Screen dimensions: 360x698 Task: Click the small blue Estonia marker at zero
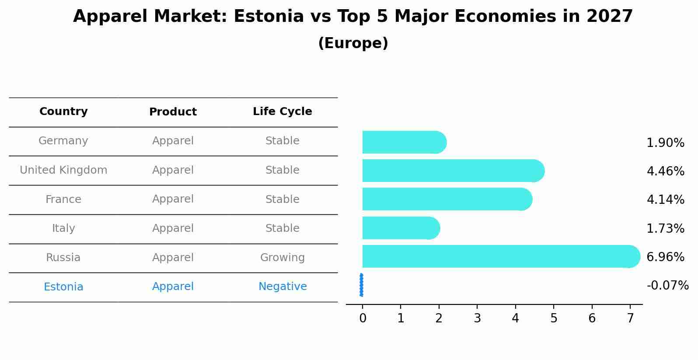tap(361, 285)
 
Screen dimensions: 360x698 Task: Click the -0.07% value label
tap(667, 286)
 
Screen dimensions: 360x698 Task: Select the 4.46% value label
tap(665, 171)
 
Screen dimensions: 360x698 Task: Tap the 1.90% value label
tap(665, 143)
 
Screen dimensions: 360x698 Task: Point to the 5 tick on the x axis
tap(554, 318)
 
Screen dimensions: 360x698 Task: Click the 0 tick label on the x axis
tap(363, 318)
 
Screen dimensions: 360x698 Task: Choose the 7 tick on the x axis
tap(630, 318)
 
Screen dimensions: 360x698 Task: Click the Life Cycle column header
tap(283, 112)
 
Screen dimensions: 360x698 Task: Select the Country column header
tap(63, 112)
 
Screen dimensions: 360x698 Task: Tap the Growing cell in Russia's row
tap(283, 258)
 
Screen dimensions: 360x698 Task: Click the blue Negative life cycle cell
tap(283, 287)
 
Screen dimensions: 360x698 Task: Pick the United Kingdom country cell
tap(63, 170)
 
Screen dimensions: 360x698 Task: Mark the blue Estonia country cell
tap(63, 287)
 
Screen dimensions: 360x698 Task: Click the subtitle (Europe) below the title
tap(353, 43)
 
